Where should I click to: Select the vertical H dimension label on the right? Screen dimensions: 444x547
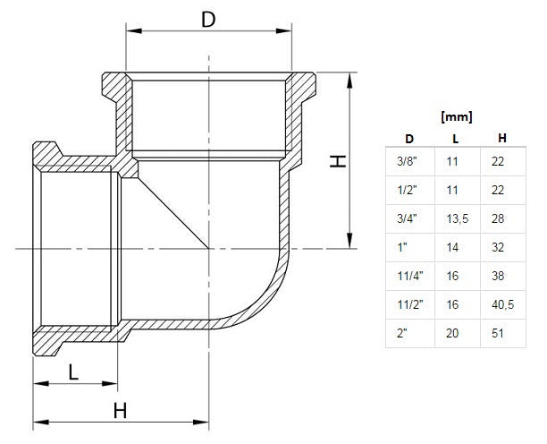pos(336,160)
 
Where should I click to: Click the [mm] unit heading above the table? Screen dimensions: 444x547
pos(457,116)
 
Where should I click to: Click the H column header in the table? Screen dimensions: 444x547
pos(503,138)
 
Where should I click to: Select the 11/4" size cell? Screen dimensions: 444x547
pos(408,276)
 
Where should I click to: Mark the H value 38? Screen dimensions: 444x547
pos(498,276)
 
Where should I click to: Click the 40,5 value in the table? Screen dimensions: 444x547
pos(502,304)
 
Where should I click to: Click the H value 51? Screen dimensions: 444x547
pos(498,333)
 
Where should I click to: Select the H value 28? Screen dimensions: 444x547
pos(498,218)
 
